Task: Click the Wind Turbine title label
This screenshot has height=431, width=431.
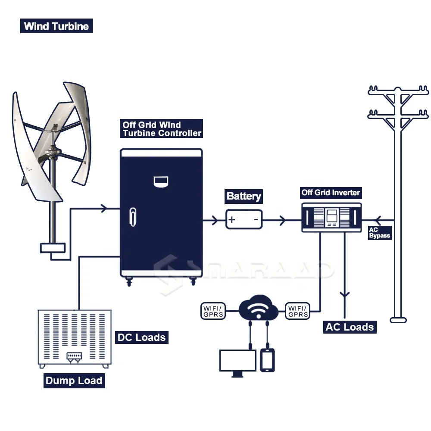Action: pyautogui.click(x=56, y=26)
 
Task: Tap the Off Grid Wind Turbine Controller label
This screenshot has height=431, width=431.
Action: pyautogui.click(x=162, y=129)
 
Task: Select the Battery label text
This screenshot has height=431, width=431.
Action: pyautogui.click(x=244, y=197)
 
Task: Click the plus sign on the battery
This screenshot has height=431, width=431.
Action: pyautogui.click(x=232, y=220)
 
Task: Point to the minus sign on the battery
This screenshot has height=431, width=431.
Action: pyautogui.click(x=256, y=220)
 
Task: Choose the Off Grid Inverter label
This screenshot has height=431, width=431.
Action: pyautogui.click(x=331, y=193)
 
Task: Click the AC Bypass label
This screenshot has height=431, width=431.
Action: pyautogui.click(x=379, y=233)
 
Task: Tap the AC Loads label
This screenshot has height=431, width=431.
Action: pyautogui.click(x=350, y=327)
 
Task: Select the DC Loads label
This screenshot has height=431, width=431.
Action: pyautogui.click(x=141, y=337)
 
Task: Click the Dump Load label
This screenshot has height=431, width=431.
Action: pyautogui.click(x=74, y=381)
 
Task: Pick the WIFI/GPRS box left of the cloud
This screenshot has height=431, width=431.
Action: pyautogui.click(x=213, y=311)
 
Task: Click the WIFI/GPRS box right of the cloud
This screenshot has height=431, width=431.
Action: pyautogui.click(x=297, y=311)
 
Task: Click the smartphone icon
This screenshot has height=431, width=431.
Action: pyautogui.click(x=268, y=360)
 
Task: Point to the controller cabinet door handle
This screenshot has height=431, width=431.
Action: pyautogui.click(x=133, y=217)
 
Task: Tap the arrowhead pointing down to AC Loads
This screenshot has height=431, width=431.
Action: pyautogui.click(x=344, y=295)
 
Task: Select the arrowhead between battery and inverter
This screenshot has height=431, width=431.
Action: pyautogui.click(x=282, y=221)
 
